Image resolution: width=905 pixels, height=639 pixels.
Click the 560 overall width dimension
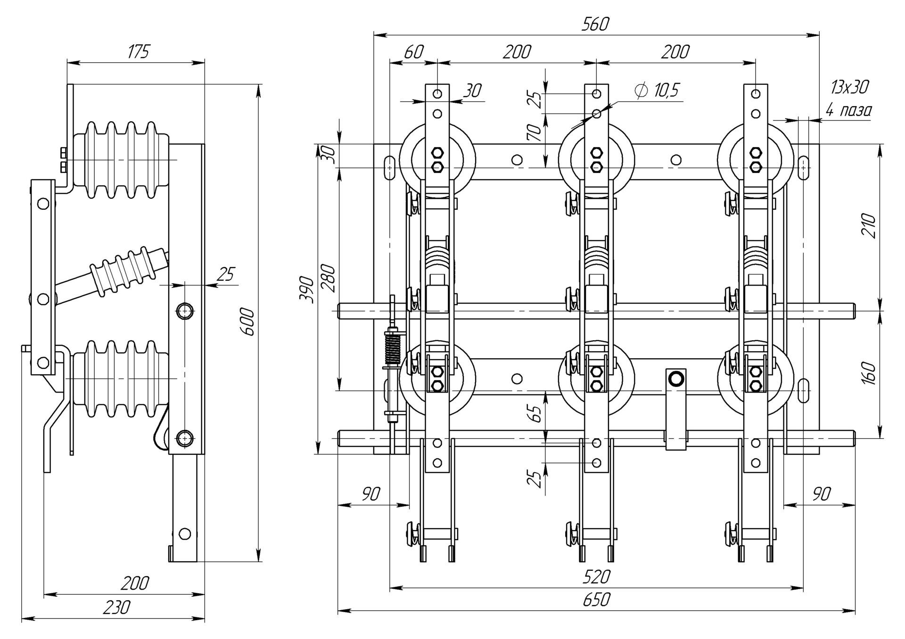(595, 24)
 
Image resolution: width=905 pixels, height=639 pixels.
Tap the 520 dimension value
(596, 576)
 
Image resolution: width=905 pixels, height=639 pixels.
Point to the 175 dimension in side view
(138, 51)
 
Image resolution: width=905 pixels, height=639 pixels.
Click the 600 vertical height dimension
(248, 321)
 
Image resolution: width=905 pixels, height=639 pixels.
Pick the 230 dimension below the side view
(116, 607)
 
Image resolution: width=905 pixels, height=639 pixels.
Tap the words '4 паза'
(848, 110)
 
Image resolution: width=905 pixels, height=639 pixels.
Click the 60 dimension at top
(413, 52)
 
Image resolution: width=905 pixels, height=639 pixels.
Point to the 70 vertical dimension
(535, 133)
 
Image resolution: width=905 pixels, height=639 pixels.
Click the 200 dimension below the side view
(135, 583)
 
